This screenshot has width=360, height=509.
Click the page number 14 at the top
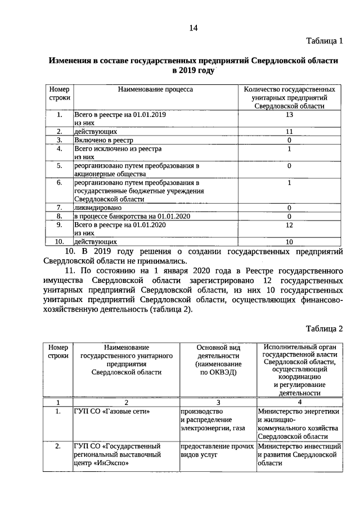pos(193,28)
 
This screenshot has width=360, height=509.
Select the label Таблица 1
pos(324,42)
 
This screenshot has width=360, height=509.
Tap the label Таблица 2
pos(324,329)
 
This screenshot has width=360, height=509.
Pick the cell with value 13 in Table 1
pos(289,115)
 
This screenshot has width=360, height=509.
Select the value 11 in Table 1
pos(289,131)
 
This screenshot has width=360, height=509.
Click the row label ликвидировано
pos(98,208)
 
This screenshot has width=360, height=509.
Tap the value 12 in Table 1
pos(289,225)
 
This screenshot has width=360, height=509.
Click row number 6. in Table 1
pos(58,183)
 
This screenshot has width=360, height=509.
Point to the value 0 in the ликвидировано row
pos(289,208)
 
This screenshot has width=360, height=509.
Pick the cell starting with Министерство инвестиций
pos(300,455)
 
